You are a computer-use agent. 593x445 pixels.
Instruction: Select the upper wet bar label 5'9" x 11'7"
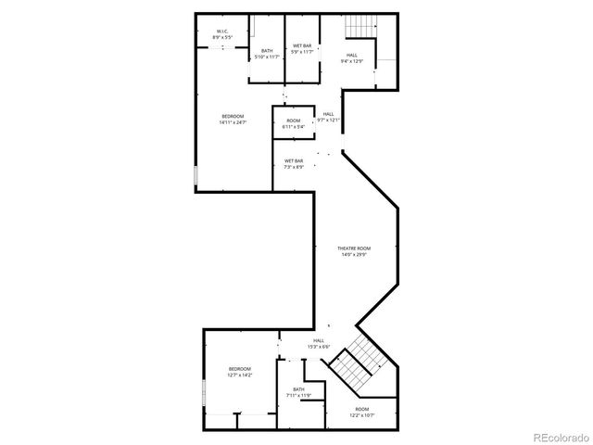(x=302, y=48)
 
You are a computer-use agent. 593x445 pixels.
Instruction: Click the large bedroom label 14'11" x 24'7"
(x=233, y=119)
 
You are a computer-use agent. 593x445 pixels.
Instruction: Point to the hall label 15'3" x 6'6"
(x=318, y=343)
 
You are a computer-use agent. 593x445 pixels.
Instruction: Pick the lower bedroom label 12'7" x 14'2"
(x=239, y=372)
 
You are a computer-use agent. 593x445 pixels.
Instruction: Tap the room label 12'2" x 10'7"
(x=361, y=412)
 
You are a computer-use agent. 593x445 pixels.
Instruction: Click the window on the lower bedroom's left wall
(x=204, y=393)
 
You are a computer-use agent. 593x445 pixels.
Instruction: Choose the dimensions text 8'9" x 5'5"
(x=222, y=37)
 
